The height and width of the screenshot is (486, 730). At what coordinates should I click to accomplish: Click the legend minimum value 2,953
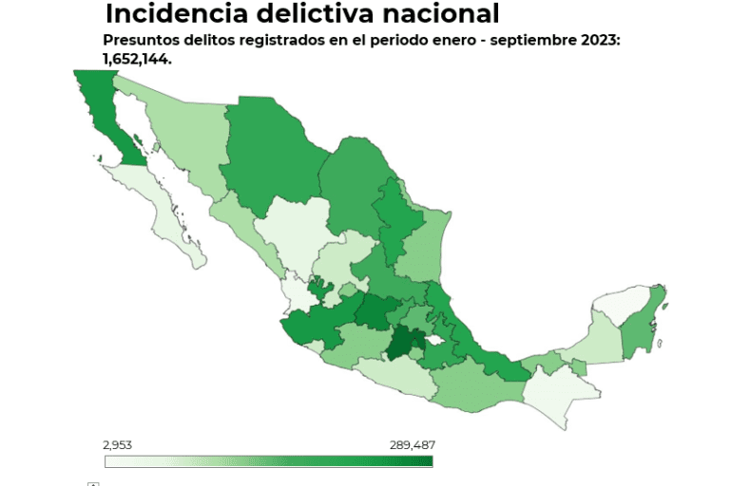pyautogui.click(x=120, y=444)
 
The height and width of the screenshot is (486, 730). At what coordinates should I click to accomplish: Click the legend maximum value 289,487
pyautogui.click(x=412, y=444)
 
